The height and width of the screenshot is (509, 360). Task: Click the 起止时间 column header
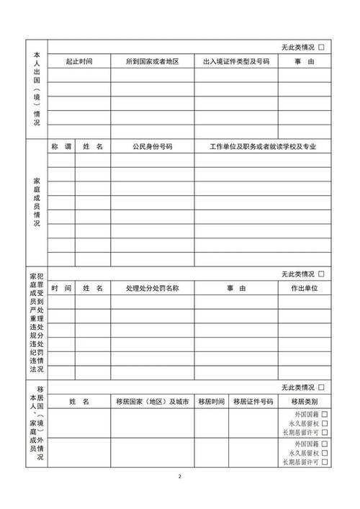78,62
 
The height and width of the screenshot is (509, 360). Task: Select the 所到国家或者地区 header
151,62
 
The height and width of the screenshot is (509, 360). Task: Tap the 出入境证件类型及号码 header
236,62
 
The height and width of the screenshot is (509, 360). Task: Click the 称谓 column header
61,146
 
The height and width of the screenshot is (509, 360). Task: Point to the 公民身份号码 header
152,146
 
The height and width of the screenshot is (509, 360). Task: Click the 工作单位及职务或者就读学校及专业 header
264,146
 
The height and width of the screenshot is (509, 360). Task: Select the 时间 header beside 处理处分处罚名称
61,288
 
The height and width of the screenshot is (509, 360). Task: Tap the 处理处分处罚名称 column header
152,288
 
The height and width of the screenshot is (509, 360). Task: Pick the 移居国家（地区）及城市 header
152,401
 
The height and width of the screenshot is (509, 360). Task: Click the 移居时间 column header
212,401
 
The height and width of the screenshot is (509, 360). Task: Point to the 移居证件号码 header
253,401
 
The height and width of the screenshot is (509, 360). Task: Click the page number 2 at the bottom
180,477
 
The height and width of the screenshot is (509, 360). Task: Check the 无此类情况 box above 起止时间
321,47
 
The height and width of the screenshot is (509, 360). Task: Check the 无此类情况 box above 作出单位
321,274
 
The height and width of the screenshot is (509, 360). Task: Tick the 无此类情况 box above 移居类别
321,387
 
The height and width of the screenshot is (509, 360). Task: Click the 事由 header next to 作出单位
236,288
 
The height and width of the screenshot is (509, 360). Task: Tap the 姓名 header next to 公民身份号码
93,146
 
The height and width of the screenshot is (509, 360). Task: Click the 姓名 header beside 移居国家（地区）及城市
78,401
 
